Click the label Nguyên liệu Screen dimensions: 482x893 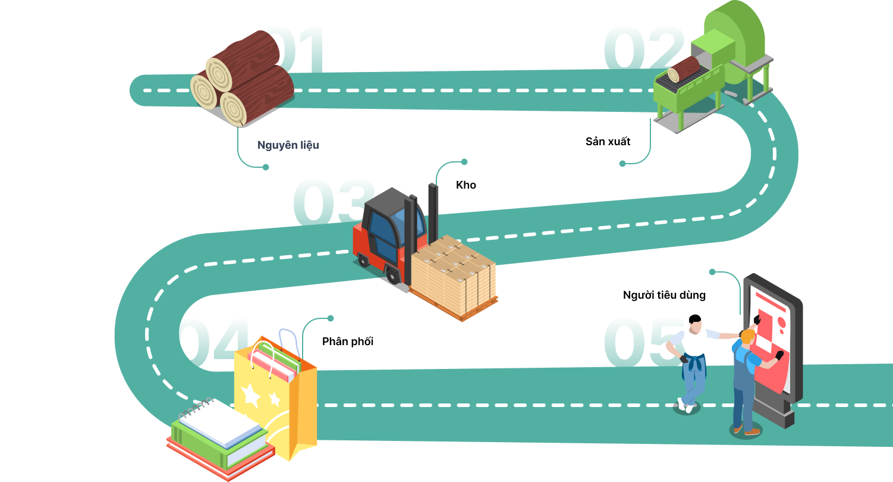point(288,145)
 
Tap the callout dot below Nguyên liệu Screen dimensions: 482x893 point(266,167)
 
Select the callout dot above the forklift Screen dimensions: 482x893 point(464,162)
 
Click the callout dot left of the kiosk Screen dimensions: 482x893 point(712,272)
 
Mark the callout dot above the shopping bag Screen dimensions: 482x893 point(331,318)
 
